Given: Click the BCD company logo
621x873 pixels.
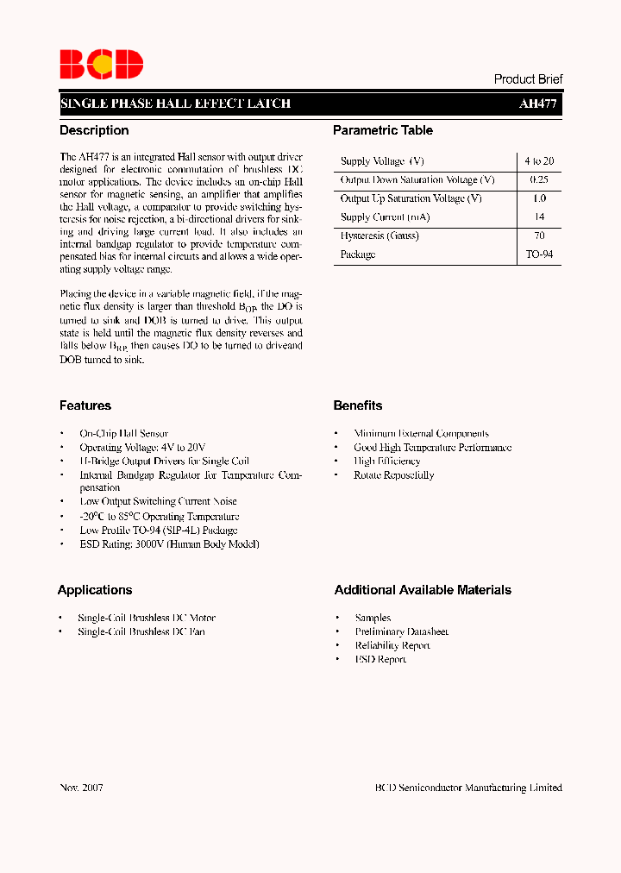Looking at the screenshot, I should [101, 65].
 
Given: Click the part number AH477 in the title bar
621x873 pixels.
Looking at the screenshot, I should [538, 104].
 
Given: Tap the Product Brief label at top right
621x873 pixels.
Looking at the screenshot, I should [528, 79].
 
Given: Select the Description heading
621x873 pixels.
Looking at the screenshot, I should [94, 130].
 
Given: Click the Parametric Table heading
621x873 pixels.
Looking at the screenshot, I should [383, 130].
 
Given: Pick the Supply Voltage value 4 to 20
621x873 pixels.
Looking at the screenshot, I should [538, 161].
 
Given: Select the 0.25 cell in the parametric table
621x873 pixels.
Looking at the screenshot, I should [538, 180].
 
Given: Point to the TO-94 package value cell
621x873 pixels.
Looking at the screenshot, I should [539, 255].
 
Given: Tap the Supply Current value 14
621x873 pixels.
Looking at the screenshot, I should [539, 217].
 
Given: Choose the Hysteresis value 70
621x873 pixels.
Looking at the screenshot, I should [539, 236].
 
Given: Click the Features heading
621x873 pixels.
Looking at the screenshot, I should [85, 405].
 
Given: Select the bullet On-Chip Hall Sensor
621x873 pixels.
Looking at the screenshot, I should [123, 434].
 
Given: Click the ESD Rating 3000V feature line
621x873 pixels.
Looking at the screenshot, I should [169, 544].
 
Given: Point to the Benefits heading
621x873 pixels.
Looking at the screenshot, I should [358, 405].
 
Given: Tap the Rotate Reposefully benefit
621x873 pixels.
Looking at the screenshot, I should [393, 475].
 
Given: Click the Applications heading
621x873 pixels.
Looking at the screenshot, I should [95, 590].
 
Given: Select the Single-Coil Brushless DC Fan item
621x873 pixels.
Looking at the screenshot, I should [141, 632].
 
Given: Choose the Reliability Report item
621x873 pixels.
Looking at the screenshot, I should [392, 646].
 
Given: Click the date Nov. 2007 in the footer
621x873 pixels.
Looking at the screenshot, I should [82, 788].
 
